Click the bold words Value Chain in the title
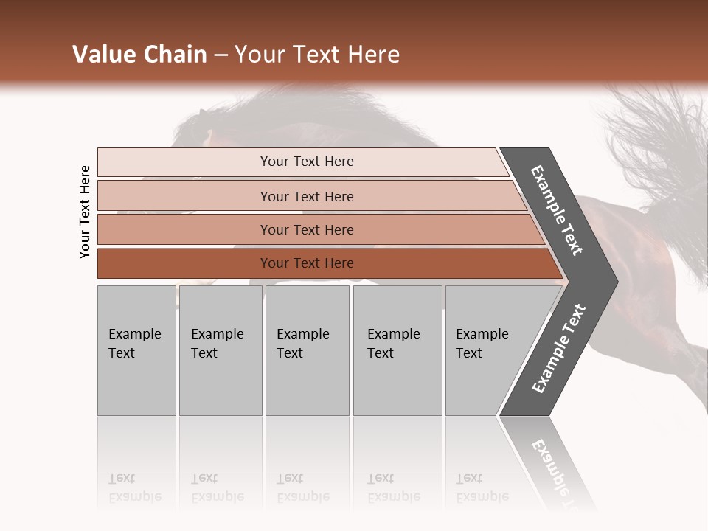(139, 55)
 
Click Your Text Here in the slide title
(317, 55)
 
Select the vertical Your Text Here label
(85, 212)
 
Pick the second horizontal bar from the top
(306, 196)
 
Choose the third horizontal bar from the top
(306, 229)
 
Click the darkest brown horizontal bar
(306, 263)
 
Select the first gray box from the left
(136, 350)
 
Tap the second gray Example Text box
(220, 350)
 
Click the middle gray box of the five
(307, 350)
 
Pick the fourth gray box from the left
(398, 350)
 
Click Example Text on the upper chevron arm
(557, 210)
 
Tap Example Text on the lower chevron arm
(559, 348)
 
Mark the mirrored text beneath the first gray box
(135, 487)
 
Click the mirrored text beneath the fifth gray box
(482, 487)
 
